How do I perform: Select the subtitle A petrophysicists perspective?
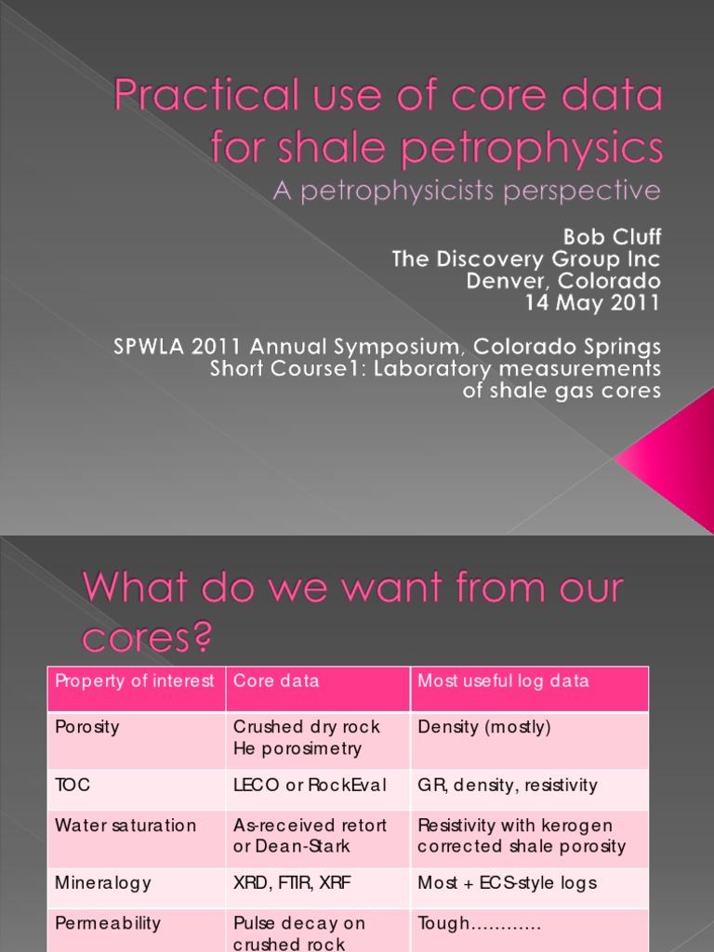pos(466,192)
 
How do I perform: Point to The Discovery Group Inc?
pos(526,258)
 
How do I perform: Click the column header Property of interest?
pos(135,681)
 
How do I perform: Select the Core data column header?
pos(276,681)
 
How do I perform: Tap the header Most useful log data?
pos(503,681)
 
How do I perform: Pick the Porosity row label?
pos(87,727)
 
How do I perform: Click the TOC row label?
pos(73,786)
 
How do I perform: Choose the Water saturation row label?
pos(126,826)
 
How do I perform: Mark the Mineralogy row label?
pos(103,883)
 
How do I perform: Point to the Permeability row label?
pos(108,923)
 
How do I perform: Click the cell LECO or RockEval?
pos(311,786)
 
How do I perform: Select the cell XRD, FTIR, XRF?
pos(291,883)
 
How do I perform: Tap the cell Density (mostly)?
pos(484,727)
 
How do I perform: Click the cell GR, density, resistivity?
pos(508,786)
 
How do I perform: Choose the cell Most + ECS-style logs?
pos(507,883)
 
